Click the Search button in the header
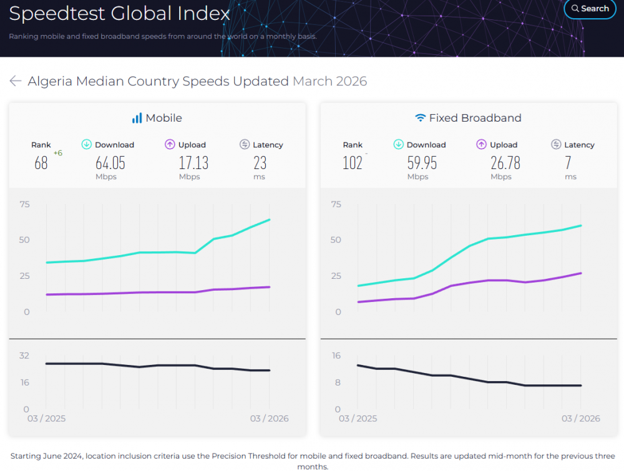590,9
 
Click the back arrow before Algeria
16,81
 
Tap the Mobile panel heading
157,118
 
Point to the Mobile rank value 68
41,163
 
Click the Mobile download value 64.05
110,163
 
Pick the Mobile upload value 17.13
193,163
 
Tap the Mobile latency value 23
260,163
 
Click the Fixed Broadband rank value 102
353,163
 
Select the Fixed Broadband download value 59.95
422,163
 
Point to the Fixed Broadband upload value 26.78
505,163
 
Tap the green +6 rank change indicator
58,153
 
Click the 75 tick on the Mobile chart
24,204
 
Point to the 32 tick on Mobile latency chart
24,356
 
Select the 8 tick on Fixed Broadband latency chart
337,382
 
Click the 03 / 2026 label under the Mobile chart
269,419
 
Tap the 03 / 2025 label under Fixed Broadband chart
358,419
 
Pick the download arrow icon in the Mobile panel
87,145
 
